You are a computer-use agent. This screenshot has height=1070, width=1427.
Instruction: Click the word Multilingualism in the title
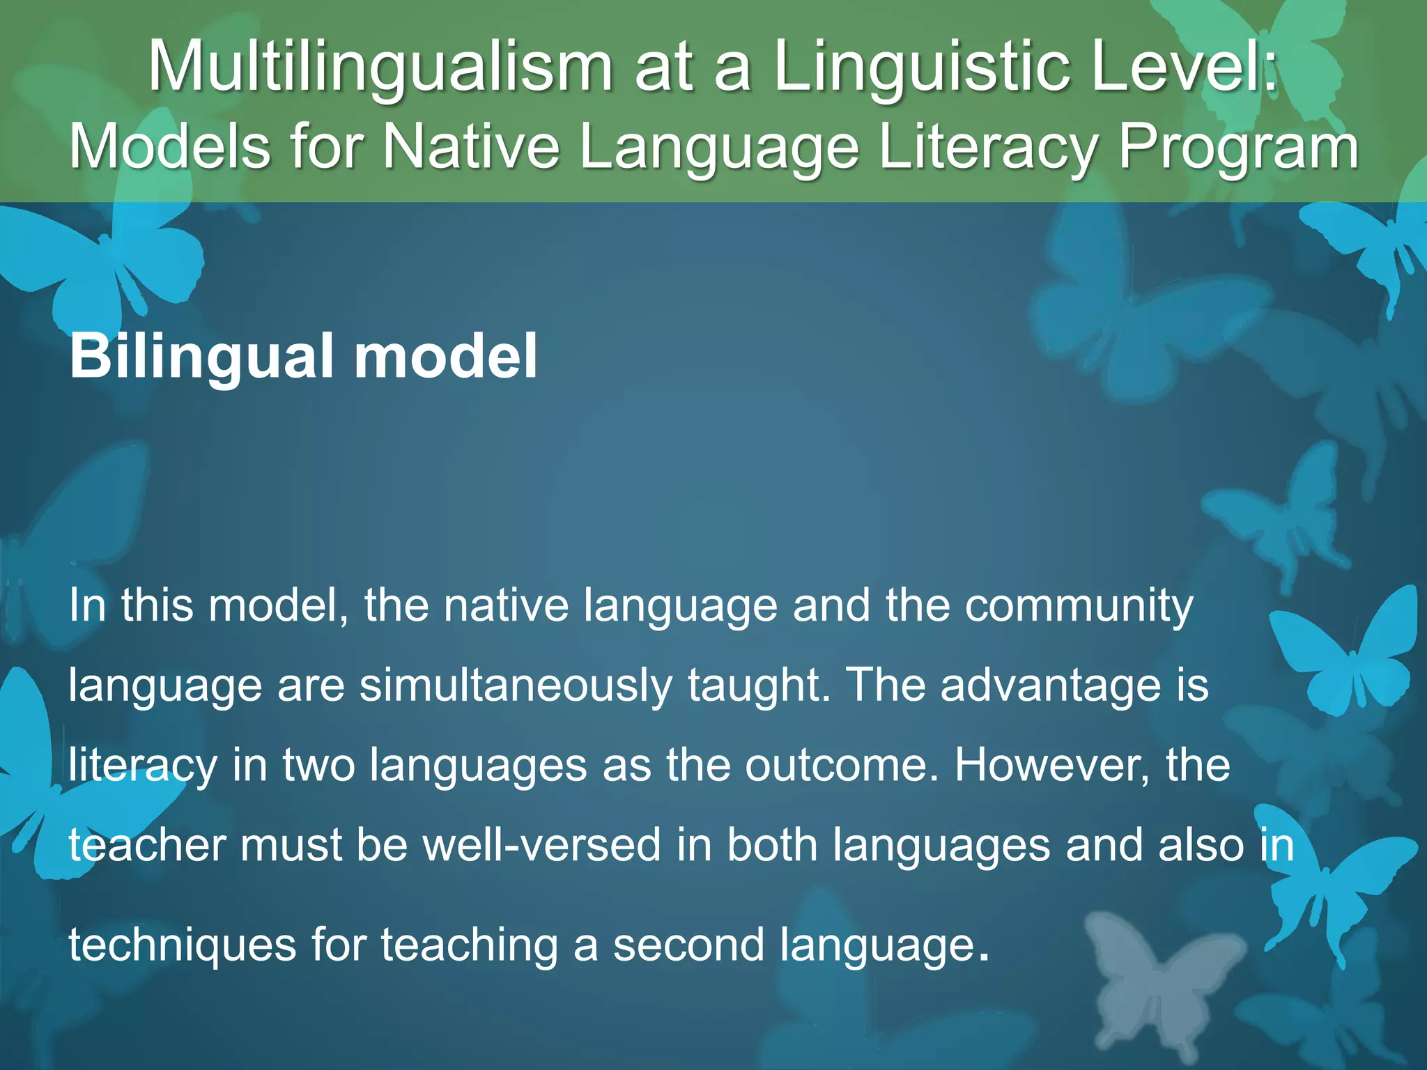point(380,68)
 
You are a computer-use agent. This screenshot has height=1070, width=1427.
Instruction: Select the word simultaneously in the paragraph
point(516,685)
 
